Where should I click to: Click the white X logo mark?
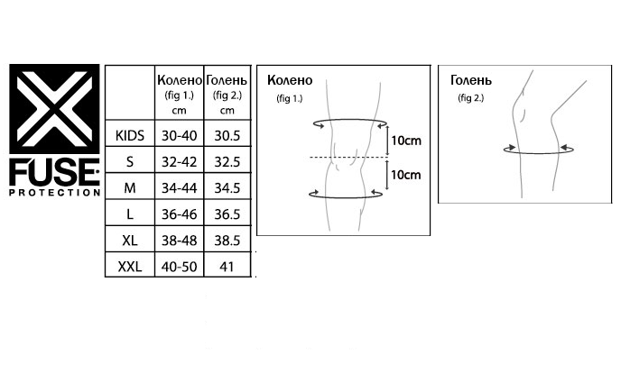tap(54, 109)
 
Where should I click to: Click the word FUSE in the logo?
tap(54, 172)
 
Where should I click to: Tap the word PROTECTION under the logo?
tap(55, 193)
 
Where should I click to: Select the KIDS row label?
tap(129, 135)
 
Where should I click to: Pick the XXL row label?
tap(129, 267)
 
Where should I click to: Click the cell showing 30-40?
tap(180, 135)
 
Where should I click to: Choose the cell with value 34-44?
tap(180, 187)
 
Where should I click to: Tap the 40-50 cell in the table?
tap(180, 267)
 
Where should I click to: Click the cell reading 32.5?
tap(227, 162)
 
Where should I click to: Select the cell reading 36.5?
tap(227, 214)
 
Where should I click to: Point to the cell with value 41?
tap(227, 267)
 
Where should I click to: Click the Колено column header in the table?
tap(180, 80)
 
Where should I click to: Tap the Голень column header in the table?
tap(227, 80)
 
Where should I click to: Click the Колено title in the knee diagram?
tap(290, 80)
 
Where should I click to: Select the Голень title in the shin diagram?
tap(471, 80)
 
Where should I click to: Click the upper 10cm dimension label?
tap(406, 141)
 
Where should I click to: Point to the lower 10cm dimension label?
tap(406, 175)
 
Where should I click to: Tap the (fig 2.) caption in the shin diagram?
tap(471, 98)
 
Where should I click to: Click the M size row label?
tap(130, 187)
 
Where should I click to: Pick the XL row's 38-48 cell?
tap(180, 241)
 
